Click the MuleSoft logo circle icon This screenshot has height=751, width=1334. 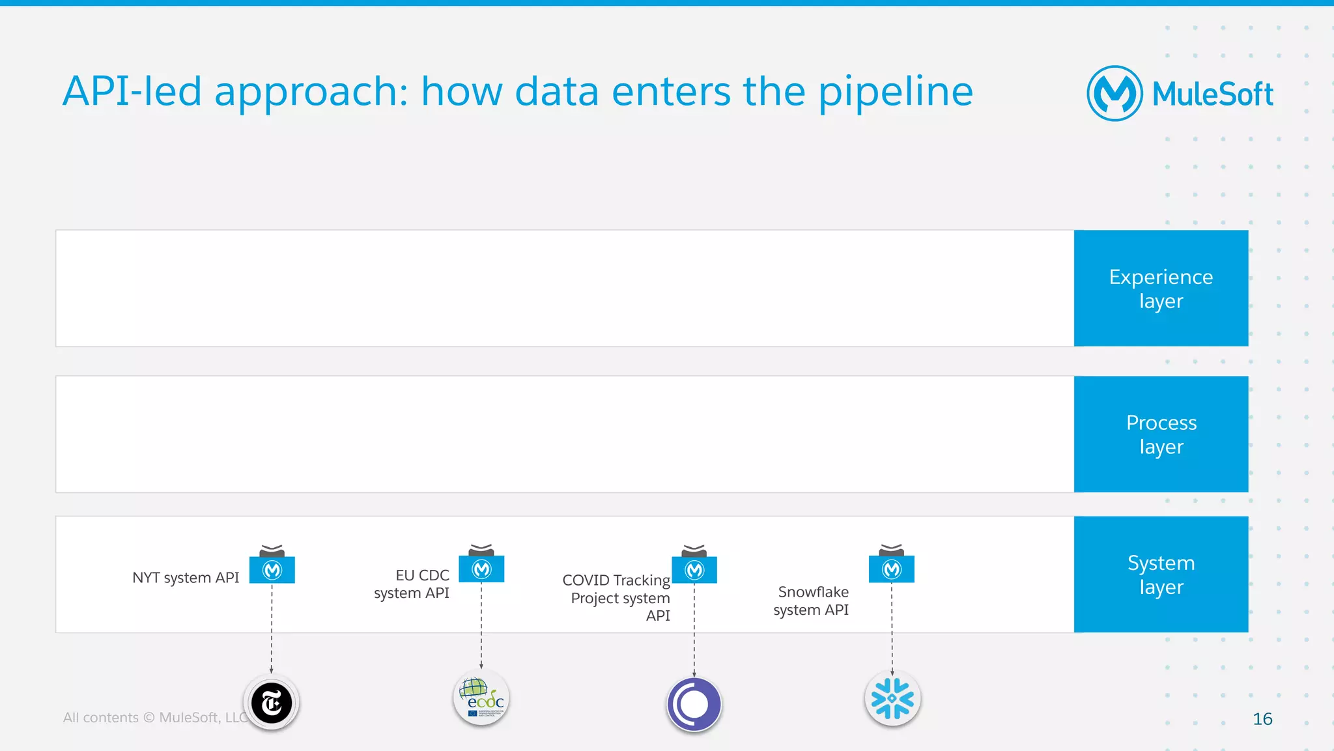(1114, 93)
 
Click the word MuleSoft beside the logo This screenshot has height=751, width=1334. (1212, 94)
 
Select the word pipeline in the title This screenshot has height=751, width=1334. (895, 91)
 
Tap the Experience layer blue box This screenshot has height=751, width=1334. (1161, 288)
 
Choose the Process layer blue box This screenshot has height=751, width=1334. (1161, 434)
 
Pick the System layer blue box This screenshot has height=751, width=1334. (1161, 574)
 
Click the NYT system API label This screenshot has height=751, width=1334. (186, 578)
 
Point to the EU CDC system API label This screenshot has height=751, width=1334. (412, 584)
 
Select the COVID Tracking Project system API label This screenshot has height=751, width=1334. (616, 597)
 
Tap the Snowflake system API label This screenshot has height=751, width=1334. (811, 601)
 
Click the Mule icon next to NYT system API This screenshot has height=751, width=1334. (272, 569)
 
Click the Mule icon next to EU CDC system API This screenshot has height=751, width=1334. (481, 569)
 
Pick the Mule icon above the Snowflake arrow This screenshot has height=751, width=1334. (892, 569)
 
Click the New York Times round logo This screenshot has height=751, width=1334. (272, 703)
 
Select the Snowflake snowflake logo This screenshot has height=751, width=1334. (892, 699)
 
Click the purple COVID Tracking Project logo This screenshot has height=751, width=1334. (694, 704)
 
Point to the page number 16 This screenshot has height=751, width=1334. (1262, 719)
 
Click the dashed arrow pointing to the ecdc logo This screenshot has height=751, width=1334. (481, 625)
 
